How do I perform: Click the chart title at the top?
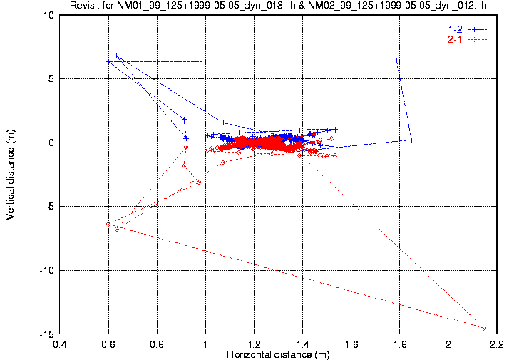pos(283,6)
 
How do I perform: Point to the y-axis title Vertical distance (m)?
pos(11,175)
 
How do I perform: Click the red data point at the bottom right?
pos(484,328)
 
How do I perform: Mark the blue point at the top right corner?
pos(397,61)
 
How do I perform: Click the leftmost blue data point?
pos(108,62)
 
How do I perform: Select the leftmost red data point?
pos(108,224)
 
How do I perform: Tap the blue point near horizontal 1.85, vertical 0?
pos(412,140)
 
